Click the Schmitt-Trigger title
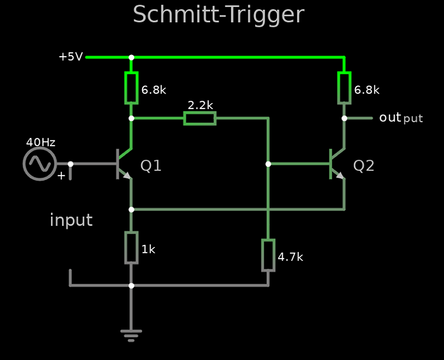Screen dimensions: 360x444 pyautogui.click(x=218, y=15)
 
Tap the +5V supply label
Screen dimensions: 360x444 pyautogui.click(x=71, y=57)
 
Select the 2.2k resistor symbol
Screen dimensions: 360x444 pyautogui.click(x=200, y=118)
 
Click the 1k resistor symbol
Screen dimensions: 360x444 pyautogui.click(x=131, y=248)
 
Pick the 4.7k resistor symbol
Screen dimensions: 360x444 pyautogui.click(x=268, y=255)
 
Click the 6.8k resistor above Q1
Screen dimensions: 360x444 pyautogui.click(x=131, y=88)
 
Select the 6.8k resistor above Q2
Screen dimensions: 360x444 pyautogui.click(x=344, y=88)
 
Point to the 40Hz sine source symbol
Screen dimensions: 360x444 pyautogui.click(x=39, y=164)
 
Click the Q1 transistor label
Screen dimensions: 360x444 pyautogui.click(x=151, y=166)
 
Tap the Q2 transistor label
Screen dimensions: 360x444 pyautogui.click(x=364, y=166)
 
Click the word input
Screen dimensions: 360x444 pyautogui.click(x=71, y=220)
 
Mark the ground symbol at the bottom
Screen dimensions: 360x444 pyautogui.click(x=131, y=335)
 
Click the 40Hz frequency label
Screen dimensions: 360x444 pyautogui.click(x=40, y=143)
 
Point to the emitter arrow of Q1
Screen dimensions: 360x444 pyautogui.click(x=127, y=175)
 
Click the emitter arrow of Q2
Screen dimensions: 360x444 pyautogui.click(x=340, y=175)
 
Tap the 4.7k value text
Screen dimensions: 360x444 pyautogui.click(x=291, y=257)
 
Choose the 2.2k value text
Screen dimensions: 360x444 pyautogui.click(x=200, y=105)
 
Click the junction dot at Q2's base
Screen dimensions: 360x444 pyautogui.click(x=268, y=164)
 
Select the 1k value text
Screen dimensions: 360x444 pyautogui.click(x=148, y=250)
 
